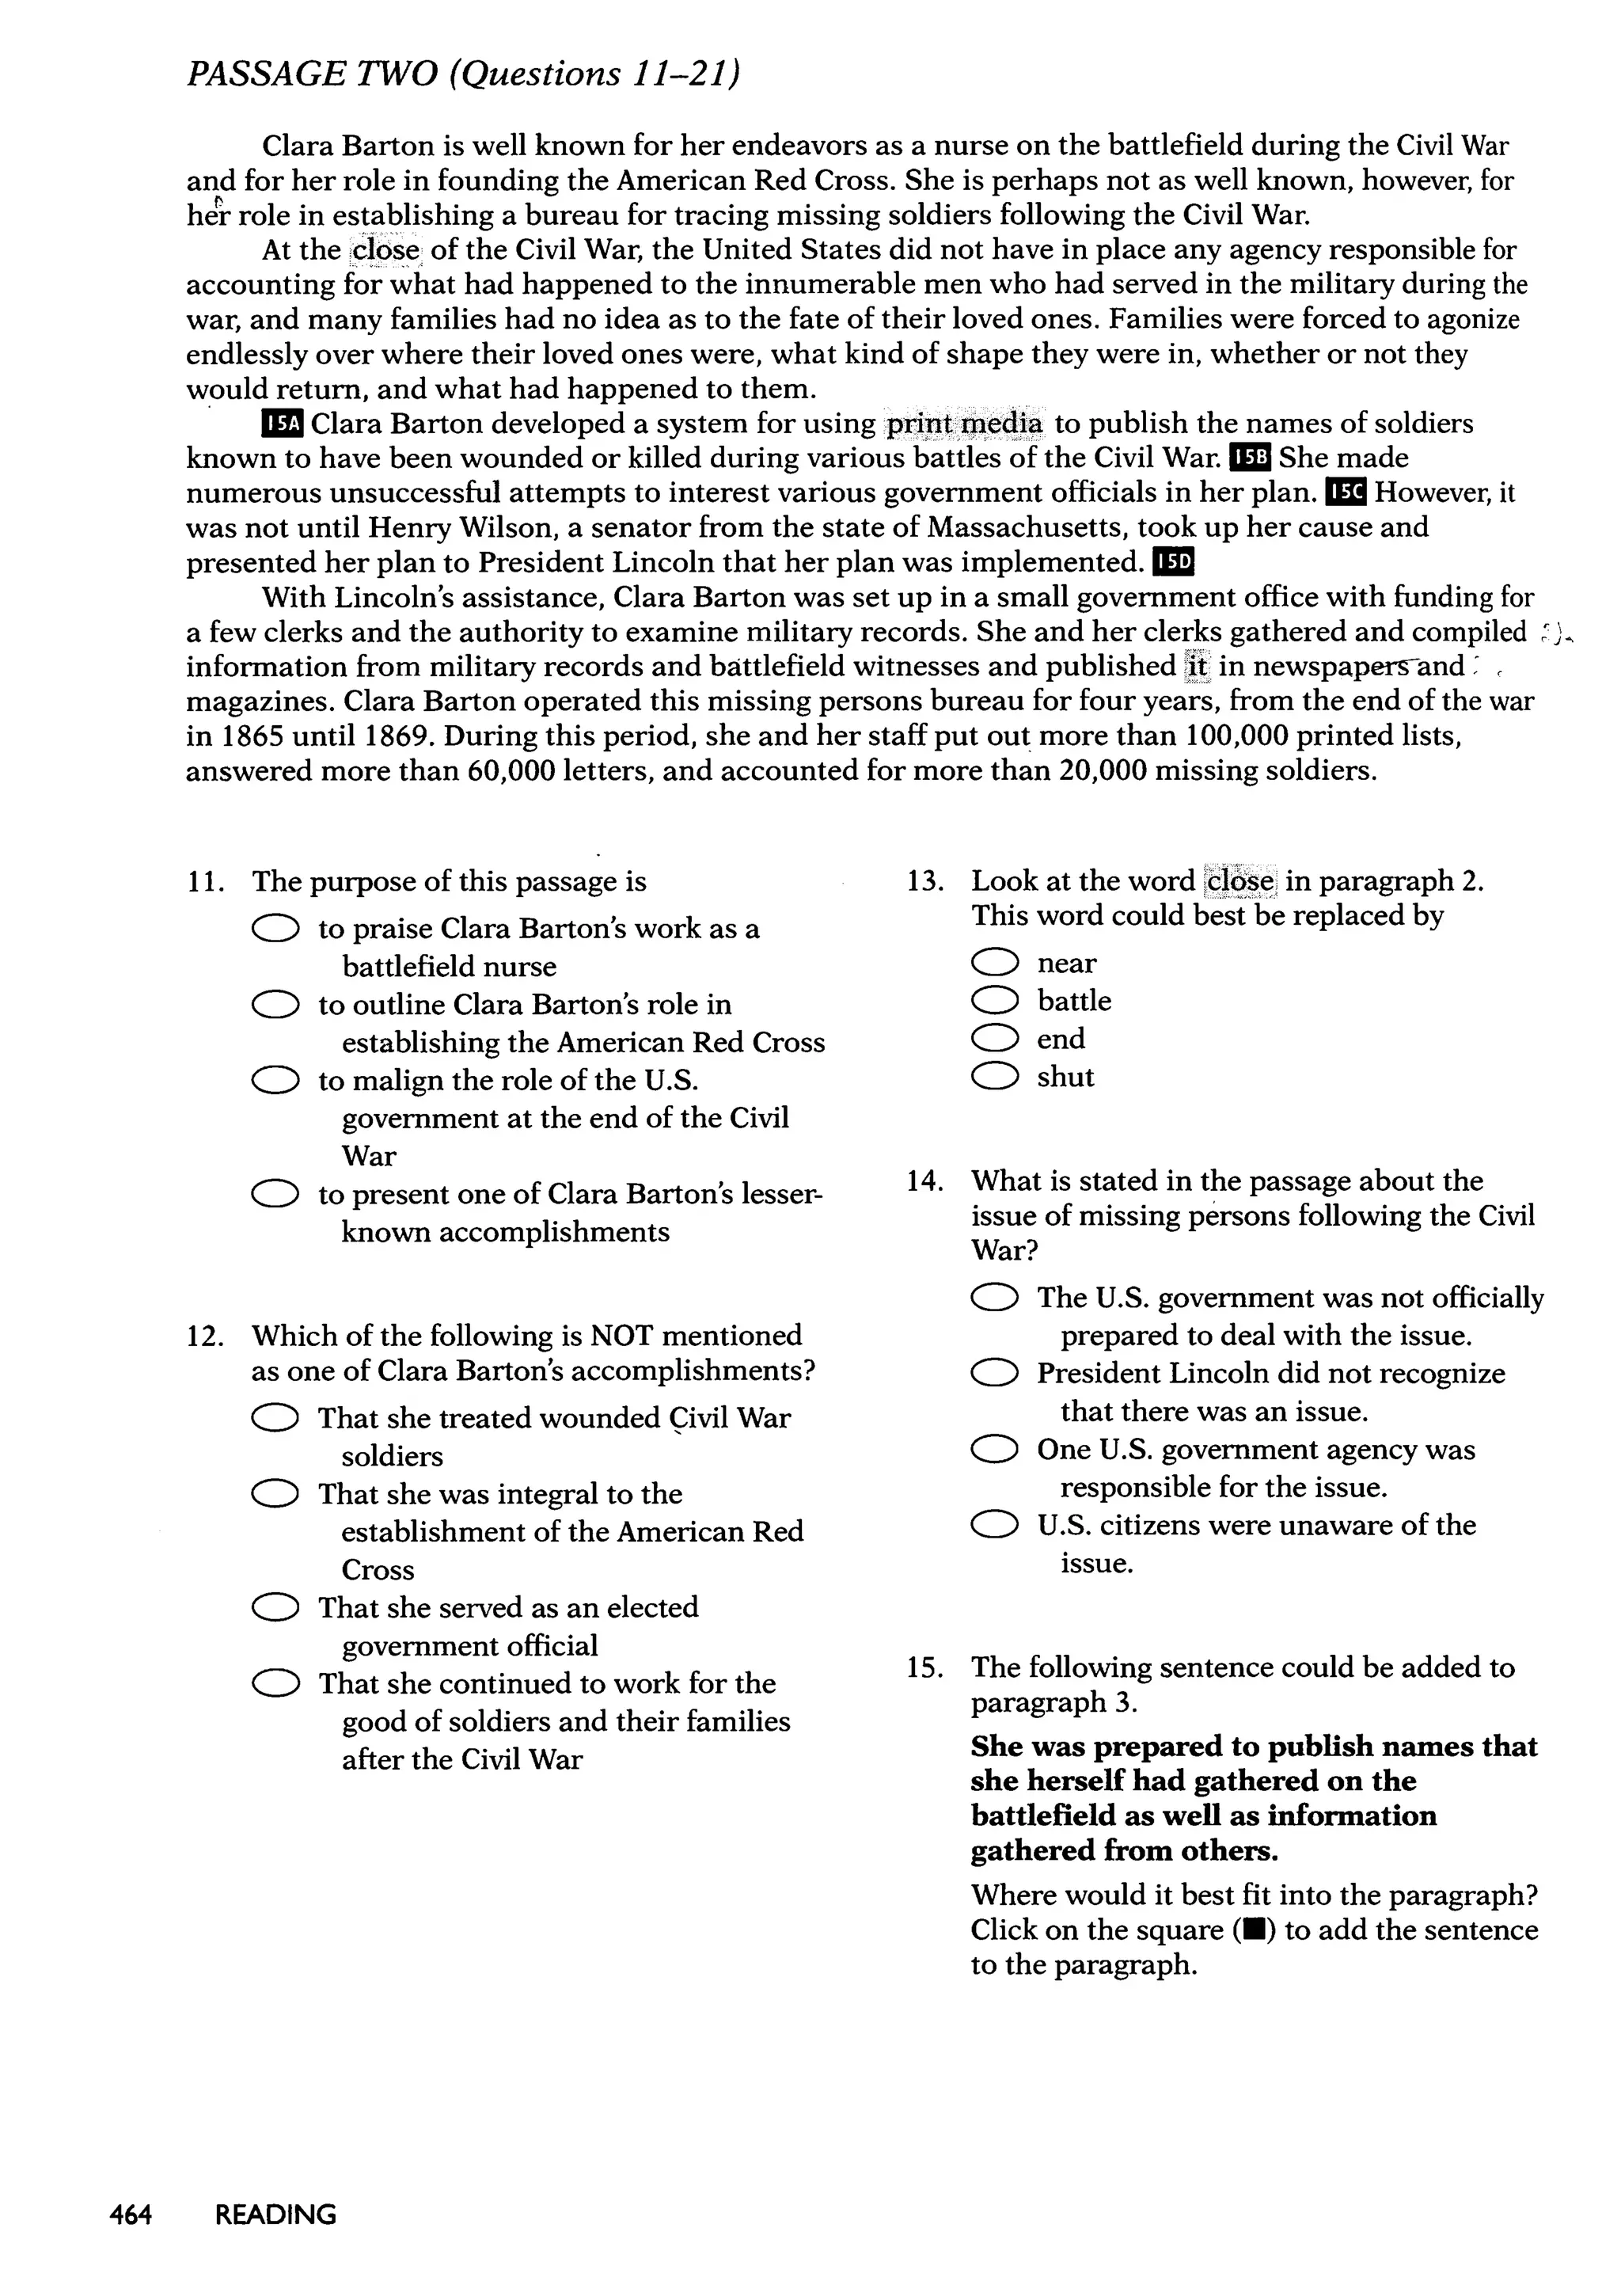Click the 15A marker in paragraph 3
[x=283, y=424]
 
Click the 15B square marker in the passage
[x=1251, y=458]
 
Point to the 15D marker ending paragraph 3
[x=1173, y=562]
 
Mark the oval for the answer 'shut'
[x=994, y=1076]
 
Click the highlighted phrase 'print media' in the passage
[x=965, y=424]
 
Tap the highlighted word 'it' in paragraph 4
[x=1196, y=666]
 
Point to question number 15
[x=924, y=1668]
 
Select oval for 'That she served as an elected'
[x=275, y=1608]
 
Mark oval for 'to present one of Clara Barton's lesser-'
[x=275, y=1194]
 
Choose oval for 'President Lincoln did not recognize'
[x=994, y=1374]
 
